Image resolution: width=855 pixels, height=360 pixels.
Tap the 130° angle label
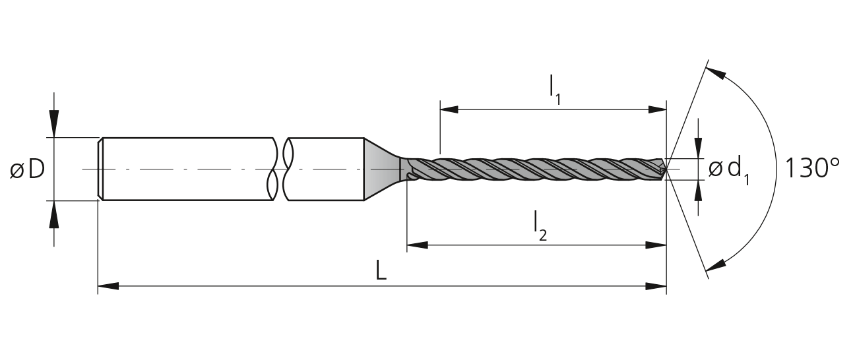tap(812, 168)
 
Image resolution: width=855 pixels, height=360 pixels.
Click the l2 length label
tap(540, 226)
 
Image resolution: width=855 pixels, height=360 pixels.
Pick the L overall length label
tap(381, 270)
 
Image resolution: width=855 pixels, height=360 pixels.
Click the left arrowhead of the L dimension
tap(108, 286)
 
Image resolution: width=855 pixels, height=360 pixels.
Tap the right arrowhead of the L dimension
tap(656, 286)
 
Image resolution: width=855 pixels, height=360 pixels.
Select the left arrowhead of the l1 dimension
tap(451, 109)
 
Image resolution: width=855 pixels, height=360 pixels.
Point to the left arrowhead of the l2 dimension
tap(417, 245)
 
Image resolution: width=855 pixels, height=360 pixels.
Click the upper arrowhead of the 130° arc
tap(715, 73)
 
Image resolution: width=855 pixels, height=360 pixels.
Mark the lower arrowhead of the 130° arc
tap(715, 264)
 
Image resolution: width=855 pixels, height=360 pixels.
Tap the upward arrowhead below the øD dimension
tap(54, 214)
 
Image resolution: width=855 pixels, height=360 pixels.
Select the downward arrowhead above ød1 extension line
tap(698, 148)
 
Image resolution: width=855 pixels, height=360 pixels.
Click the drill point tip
tap(666, 169)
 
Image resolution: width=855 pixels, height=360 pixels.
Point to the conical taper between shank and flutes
tap(382, 169)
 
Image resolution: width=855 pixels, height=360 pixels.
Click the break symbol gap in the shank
tap(280, 169)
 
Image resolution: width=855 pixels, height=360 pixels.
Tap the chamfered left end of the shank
tap(100, 169)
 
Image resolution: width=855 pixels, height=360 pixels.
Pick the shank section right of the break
tap(325, 169)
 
